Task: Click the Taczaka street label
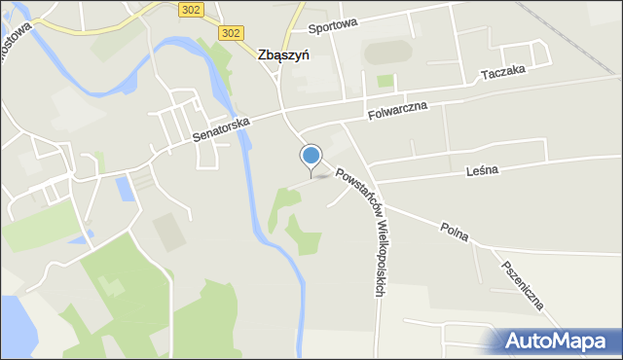pos(503,73)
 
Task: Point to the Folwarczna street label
pos(398,112)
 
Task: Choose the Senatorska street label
pos(222,127)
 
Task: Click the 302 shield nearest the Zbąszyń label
pos(231,33)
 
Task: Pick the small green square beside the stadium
pos(385,81)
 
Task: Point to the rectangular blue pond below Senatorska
pos(123,189)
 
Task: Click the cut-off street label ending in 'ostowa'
pos(25,39)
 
